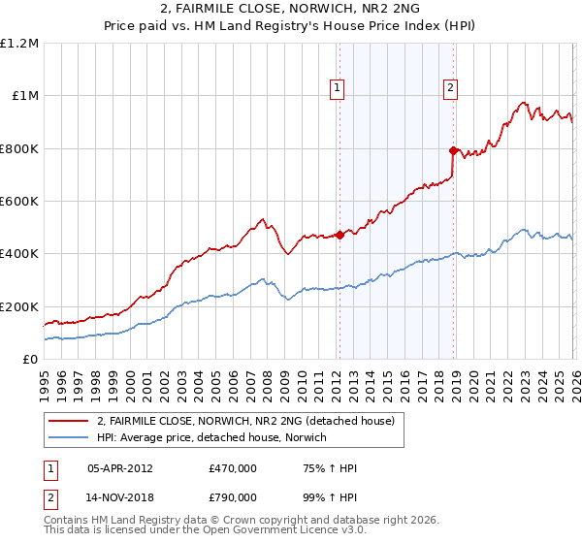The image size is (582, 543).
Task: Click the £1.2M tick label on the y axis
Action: [x=19, y=43]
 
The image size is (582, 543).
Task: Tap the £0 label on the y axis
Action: [x=29, y=359]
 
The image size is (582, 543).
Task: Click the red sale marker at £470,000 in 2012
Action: [x=339, y=235]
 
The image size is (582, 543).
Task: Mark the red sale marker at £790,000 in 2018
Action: [x=453, y=150]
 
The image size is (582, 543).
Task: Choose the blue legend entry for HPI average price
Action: [x=212, y=438]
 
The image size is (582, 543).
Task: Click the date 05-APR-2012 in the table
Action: [x=121, y=468]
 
